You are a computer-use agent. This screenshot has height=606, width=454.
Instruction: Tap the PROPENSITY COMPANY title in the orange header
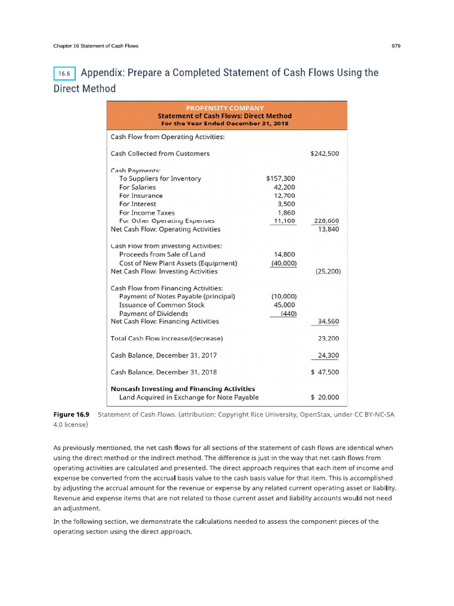click(225, 108)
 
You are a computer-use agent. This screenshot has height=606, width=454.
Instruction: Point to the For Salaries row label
click(137, 187)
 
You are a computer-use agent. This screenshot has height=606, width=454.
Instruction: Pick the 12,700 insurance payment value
click(284, 195)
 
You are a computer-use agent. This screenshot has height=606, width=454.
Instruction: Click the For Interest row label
click(137, 204)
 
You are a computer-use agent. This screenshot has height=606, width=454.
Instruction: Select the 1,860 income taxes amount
click(286, 212)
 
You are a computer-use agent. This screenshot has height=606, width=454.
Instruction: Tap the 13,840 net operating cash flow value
click(328, 229)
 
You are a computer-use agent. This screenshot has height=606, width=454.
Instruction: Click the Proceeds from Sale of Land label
click(162, 254)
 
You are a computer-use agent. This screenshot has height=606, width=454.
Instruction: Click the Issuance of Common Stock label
click(161, 305)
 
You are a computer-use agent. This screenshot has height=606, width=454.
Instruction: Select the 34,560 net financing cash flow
click(328, 321)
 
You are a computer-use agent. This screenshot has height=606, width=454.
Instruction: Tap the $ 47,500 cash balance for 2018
click(324, 372)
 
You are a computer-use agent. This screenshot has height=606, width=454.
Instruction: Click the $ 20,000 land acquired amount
click(324, 398)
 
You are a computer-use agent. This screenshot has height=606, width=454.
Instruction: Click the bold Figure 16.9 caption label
click(67, 415)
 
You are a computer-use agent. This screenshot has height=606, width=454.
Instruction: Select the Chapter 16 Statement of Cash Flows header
click(96, 46)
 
